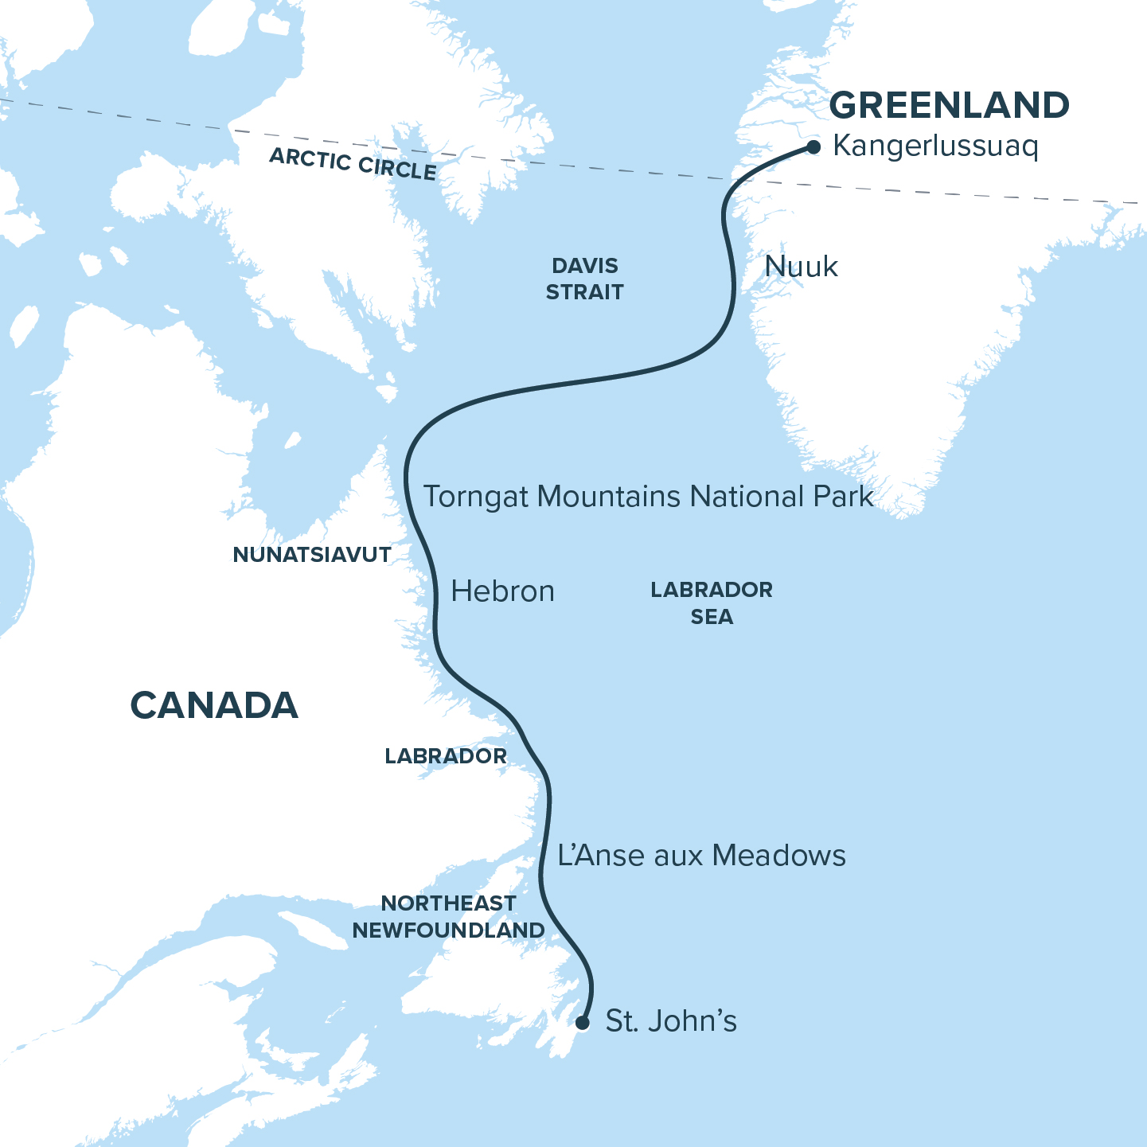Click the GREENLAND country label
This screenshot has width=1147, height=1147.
949,106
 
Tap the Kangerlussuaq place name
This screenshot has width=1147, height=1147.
935,147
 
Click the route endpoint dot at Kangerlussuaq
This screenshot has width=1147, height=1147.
813,147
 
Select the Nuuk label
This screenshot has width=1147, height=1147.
801,267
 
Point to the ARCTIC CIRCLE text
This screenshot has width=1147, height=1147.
353,164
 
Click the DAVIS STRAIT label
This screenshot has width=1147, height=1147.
585,279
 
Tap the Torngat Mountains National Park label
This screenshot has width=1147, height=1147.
648,497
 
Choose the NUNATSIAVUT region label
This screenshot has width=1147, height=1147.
312,555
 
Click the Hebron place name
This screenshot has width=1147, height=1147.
502,591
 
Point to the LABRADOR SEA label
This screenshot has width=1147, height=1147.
711,603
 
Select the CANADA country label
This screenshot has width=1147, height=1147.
214,706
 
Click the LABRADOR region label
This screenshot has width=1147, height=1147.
446,756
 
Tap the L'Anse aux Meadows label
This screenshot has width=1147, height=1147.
701,856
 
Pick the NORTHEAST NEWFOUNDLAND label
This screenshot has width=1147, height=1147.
448,916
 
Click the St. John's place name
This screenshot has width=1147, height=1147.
671,1021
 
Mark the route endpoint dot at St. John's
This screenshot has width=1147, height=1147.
583,1023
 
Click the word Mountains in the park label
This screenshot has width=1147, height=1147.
609,497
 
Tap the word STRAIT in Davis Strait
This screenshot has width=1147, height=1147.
585,292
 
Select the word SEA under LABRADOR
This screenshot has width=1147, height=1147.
712,617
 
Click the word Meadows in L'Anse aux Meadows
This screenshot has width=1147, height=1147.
779,856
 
